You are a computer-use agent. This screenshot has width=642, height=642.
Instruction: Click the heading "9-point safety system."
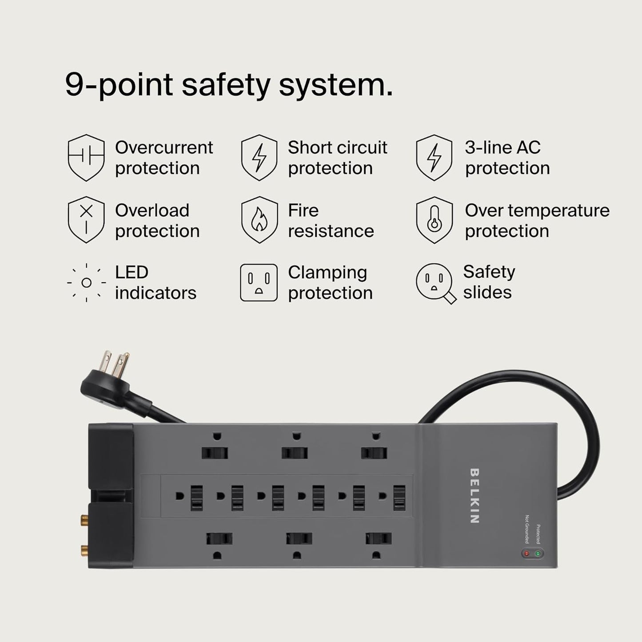point(229,84)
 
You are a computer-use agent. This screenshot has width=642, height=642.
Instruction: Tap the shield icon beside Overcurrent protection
point(86,158)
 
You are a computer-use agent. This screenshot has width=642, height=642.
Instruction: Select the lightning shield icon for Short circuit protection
point(259,158)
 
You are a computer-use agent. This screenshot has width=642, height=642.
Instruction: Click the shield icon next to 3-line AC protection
point(434,158)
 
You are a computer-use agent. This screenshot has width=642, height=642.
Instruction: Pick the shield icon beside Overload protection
point(86,220)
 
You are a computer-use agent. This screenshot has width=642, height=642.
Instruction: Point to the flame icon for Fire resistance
point(259,220)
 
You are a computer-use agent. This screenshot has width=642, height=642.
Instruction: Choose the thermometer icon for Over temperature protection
point(434,220)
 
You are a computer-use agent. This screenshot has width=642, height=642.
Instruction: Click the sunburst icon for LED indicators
point(86,283)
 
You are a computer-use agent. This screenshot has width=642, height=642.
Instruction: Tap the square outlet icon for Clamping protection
point(259,283)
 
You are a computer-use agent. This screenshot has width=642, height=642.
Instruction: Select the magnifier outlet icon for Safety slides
point(435,283)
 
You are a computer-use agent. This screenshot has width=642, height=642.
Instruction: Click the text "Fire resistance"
point(331,221)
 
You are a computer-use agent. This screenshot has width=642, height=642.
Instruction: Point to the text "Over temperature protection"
point(537,221)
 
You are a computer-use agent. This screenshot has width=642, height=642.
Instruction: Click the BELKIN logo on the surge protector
point(474,495)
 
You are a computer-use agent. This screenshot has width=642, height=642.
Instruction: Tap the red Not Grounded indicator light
point(527,554)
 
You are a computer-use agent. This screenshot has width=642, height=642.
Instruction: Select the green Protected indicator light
point(538,554)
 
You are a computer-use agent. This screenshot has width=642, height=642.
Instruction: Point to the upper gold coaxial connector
point(84,518)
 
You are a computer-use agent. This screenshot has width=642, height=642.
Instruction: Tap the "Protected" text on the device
point(538,534)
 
